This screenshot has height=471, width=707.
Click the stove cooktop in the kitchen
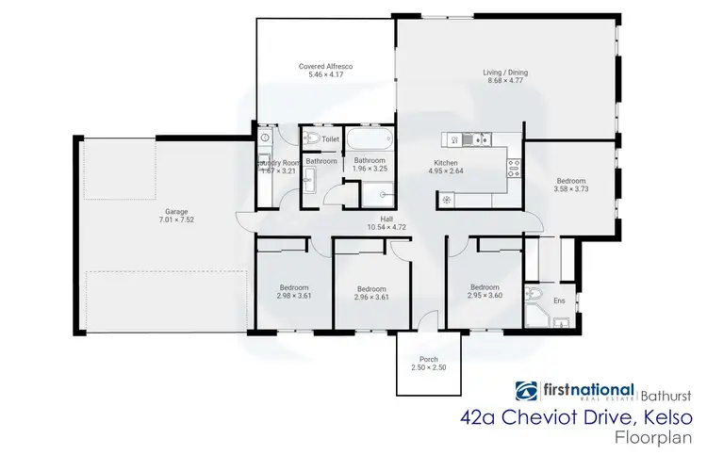click(515, 168)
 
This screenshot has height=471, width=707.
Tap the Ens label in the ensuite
click(559, 301)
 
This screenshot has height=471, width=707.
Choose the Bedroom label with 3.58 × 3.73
click(570, 181)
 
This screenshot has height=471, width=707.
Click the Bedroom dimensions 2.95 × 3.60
click(484, 296)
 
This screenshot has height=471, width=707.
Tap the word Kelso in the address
click(668, 416)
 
